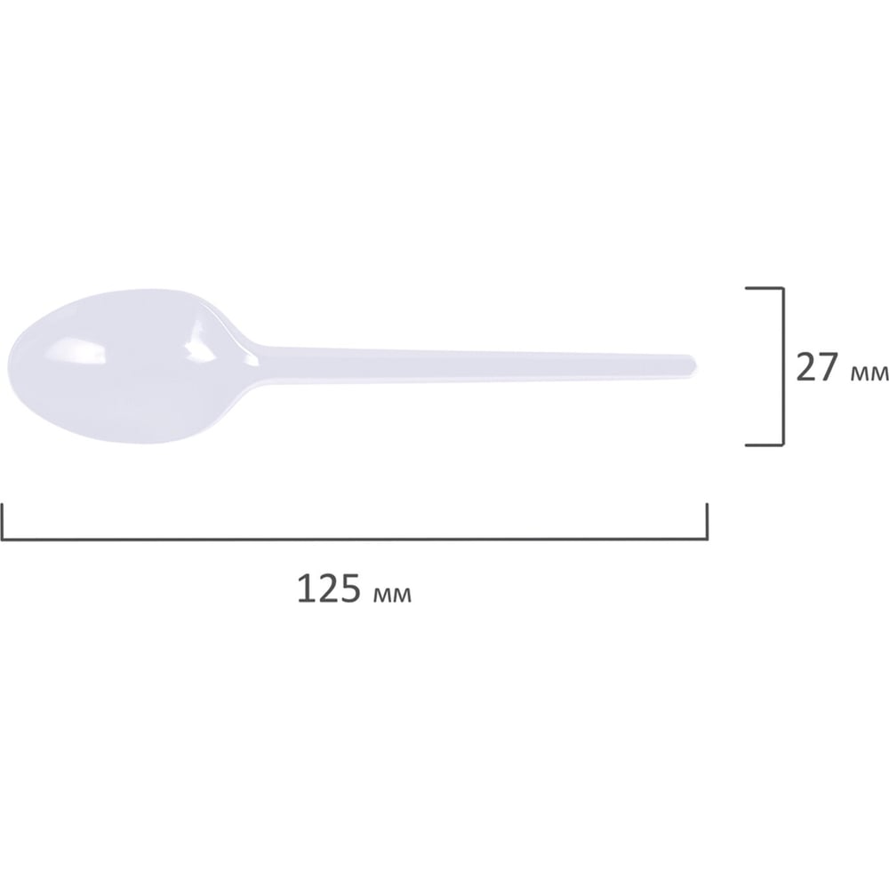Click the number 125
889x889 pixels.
click(x=329, y=589)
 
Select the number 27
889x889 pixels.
click(x=817, y=367)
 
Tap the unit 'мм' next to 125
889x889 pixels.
click(x=393, y=594)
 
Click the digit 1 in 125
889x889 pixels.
click(x=305, y=589)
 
